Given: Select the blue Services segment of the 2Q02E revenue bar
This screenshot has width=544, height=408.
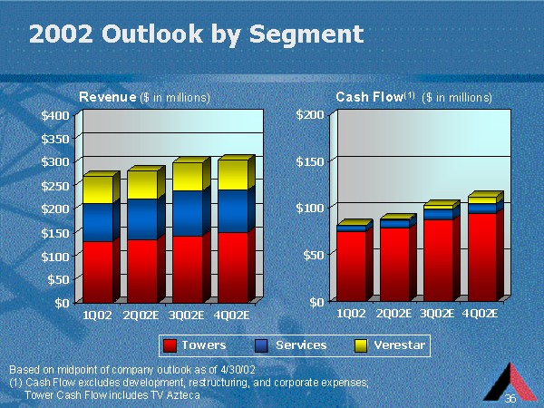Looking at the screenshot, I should pos(141,219).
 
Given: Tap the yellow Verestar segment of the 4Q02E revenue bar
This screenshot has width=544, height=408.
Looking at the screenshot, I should pos(232,174).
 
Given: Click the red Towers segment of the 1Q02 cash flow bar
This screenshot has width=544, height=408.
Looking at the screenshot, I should pos(351,265).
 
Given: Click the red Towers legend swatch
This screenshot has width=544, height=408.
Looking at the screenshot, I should pos(170,345).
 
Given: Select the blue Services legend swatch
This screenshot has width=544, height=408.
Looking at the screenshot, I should pos(263,345).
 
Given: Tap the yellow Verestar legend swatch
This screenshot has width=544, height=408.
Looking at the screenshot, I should pos(360,345).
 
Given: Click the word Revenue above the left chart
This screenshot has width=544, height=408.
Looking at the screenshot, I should pos(107,96).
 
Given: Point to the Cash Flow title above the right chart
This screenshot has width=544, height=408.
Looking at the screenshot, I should pos(369,96).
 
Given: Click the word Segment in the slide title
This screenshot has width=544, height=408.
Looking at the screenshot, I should pos(309,34).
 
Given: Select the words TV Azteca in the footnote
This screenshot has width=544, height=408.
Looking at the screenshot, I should pos(177,395).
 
